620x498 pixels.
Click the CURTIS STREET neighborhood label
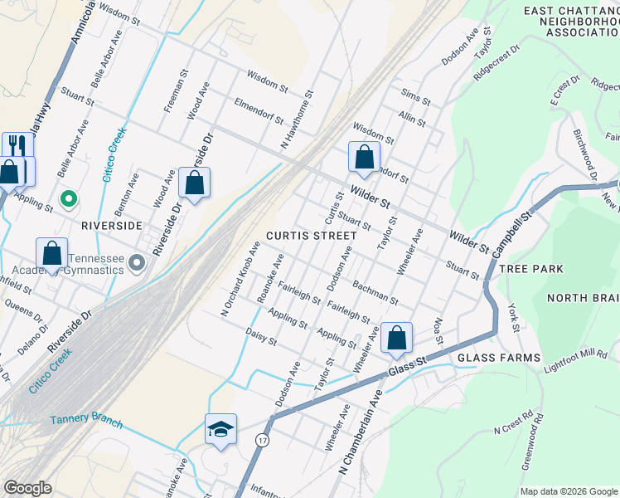312,236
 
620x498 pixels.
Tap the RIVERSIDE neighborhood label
112,225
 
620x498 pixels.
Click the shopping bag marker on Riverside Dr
194,184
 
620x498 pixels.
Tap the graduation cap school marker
220,430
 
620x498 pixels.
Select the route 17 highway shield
263,438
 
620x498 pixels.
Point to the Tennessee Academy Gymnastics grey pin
138,264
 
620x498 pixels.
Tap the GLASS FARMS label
489,357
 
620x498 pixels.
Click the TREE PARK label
530,269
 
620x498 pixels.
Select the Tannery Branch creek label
86,422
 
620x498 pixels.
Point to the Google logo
27,488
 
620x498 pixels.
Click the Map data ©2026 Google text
567,491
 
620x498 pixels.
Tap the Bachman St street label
375,292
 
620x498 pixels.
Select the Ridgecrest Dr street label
496,62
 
